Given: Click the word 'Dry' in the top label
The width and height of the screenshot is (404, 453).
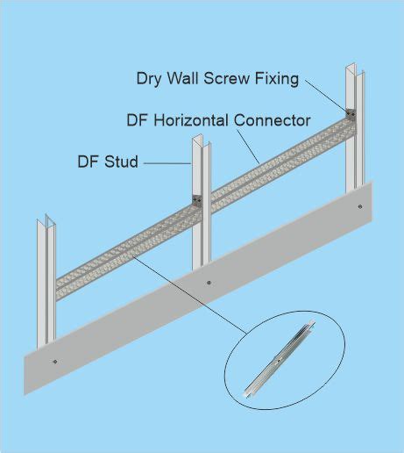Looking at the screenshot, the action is click(x=148, y=79).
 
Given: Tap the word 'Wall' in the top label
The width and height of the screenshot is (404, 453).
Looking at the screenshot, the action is click(x=182, y=78).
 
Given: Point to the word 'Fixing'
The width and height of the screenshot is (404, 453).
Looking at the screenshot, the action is click(x=277, y=79).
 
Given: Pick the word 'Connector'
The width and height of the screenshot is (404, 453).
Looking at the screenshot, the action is click(x=272, y=120).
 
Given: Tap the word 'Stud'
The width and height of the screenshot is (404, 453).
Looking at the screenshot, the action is click(x=121, y=162).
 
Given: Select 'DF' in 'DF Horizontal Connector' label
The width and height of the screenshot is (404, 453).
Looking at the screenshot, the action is click(x=138, y=120).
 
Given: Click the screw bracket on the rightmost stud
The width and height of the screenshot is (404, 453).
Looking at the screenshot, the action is click(x=351, y=114).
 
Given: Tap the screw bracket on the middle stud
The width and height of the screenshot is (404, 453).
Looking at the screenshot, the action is click(x=197, y=201).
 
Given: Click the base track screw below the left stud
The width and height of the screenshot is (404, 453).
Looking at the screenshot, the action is click(x=55, y=362).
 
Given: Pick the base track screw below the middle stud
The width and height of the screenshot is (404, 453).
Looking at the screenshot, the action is click(x=209, y=283).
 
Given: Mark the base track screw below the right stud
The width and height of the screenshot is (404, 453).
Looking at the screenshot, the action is click(x=360, y=206).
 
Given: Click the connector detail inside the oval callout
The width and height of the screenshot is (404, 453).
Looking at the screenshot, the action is click(x=280, y=360).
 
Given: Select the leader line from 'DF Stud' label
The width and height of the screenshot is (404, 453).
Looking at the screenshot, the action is click(x=167, y=163).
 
